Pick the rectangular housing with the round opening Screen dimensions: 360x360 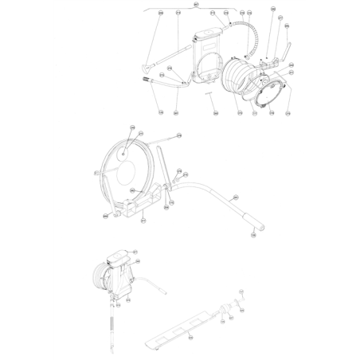coord(208,56)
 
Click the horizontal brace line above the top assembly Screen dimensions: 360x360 coord(191,10)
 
